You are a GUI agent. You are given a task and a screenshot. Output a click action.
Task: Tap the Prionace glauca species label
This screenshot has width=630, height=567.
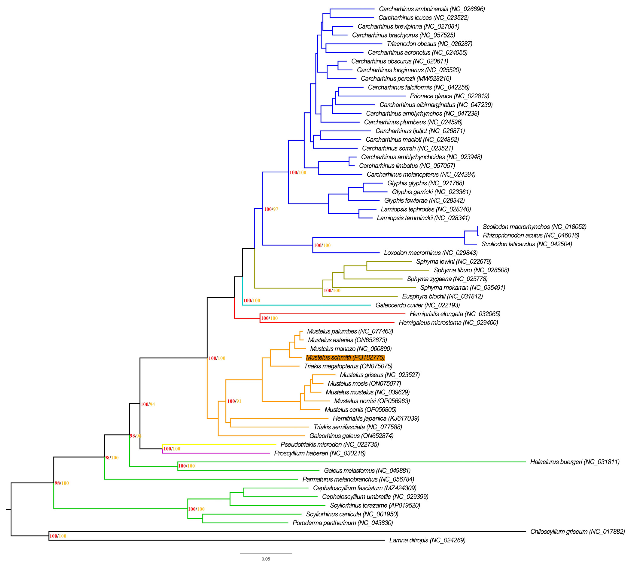click(449, 96)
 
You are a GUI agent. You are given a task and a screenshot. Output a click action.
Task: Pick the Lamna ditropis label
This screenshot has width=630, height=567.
click(427, 540)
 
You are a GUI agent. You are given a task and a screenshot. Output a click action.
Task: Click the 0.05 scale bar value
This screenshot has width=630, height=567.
click(266, 559)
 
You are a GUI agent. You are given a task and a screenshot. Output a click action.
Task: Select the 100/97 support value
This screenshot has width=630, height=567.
click(271, 209)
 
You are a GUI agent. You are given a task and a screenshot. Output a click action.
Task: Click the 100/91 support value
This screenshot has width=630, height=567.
click(234, 401)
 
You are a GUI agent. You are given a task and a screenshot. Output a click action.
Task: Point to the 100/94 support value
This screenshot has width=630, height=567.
click(148, 404)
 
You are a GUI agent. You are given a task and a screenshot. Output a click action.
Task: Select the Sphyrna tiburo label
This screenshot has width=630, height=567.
click(471, 270)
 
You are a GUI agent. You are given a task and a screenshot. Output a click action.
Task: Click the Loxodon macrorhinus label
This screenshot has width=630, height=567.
click(430, 253)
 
